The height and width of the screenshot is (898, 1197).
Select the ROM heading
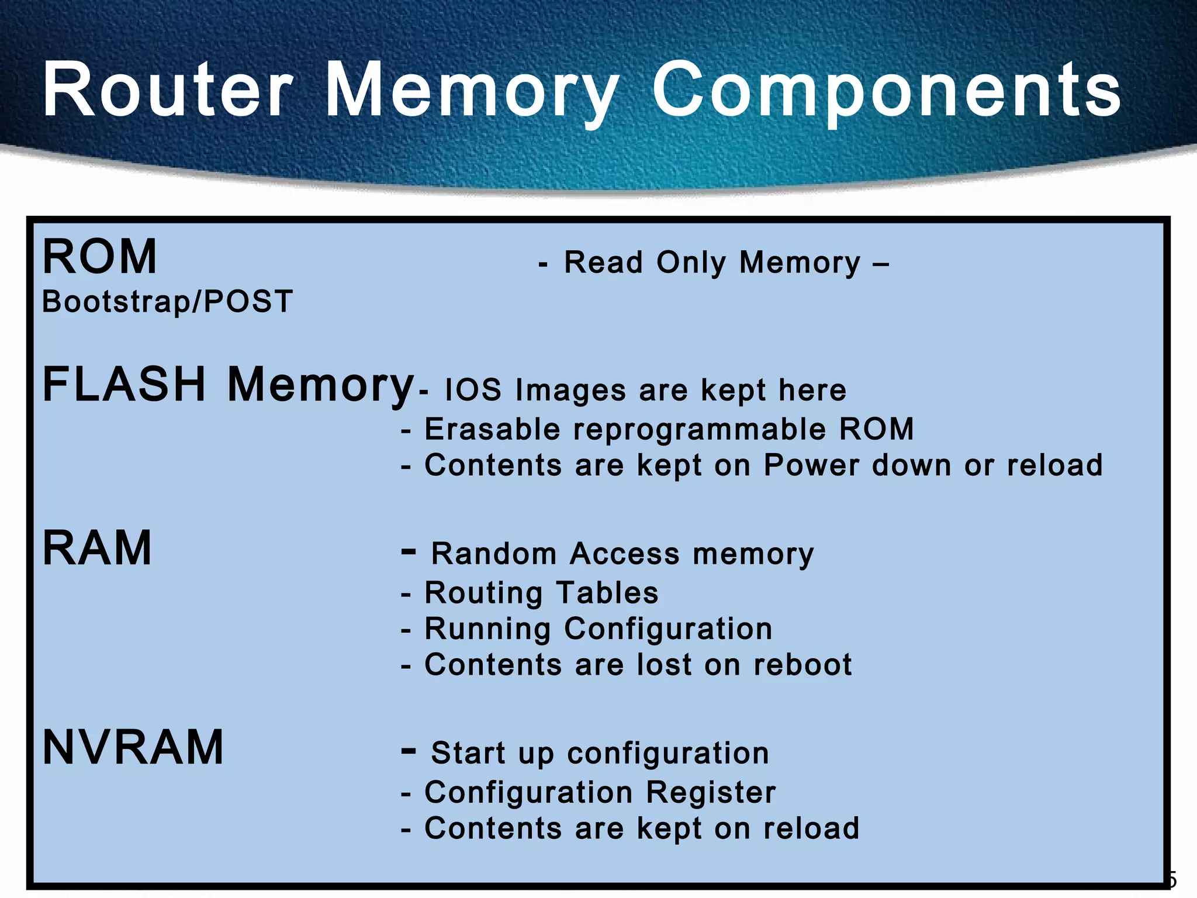click(x=100, y=257)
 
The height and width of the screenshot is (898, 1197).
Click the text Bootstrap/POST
click(x=167, y=302)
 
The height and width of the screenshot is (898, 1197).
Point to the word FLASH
click(x=124, y=384)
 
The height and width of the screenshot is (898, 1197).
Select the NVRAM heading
click(x=133, y=747)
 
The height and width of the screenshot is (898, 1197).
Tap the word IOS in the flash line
click(x=473, y=390)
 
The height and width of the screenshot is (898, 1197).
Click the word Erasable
click(x=492, y=429)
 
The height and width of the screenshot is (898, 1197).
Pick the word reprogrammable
click(x=700, y=429)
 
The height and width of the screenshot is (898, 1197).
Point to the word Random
click(x=494, y=554)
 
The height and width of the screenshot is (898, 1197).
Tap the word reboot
click(x=802, y=665)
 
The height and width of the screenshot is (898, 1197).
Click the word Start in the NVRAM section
click(x=468, y=753)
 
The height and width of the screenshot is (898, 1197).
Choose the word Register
click(x=711, y=793)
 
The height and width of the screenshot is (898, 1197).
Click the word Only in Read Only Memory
click(x=691, y=263)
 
